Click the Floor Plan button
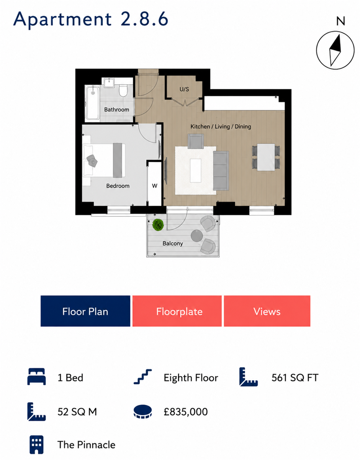coord(85,311)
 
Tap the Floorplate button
coord(177,311)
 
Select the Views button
coord(267,311)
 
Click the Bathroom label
coord(116,110)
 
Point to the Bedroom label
coord(118,186)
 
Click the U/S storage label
coord(184,89)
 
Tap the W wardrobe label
coord(154,186)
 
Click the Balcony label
coord(173,243)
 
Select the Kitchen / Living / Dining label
coord(221,127)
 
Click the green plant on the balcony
coord(158,225)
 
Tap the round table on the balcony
coord(197,236)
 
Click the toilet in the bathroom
coord(123,90)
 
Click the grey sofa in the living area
coord(221,171)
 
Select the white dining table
coord(266,157)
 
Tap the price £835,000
coord(186,412)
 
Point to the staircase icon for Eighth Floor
coord(143,377)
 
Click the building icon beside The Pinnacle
coord(36,445)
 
